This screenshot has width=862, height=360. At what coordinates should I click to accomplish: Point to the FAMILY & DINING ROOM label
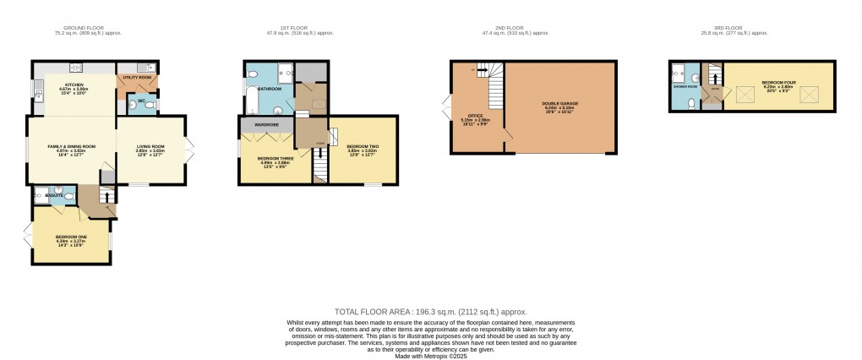pyautogui.click(x=70, y=146)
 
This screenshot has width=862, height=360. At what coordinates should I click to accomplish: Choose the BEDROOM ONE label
pyautogui.click(x=69, y=237)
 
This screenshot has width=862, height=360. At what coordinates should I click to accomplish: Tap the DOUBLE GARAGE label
pyautogui.click(x=559, y=104)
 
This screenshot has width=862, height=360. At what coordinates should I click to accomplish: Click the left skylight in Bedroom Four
pyautogui.click(x=747, y=96)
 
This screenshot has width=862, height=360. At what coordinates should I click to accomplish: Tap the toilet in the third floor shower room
pyautogui.click(x=692, y=103)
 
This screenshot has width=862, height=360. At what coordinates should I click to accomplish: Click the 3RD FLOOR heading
pyautogui.click(x=747, y=33)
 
